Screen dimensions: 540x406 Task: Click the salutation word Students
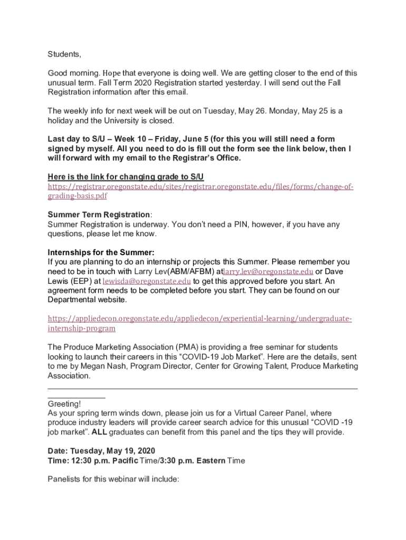(x=64, y=54)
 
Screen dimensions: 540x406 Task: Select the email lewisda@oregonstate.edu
(x=147, y=281)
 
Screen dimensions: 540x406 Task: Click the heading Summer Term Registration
(x=99, y=215)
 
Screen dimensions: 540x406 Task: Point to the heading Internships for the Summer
(x=101, y=252)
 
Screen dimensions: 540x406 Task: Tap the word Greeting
(x=64, y=404)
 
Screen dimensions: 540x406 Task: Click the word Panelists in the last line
(x=65, y=479)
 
